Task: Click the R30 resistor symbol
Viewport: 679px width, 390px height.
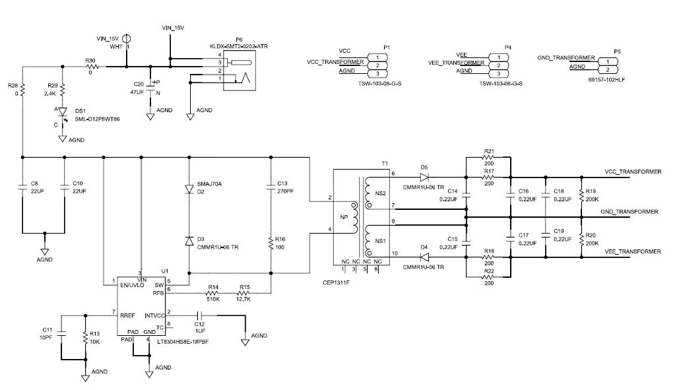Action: click(x=90, y=66)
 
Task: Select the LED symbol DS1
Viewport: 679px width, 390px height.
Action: click(x=62, y=113)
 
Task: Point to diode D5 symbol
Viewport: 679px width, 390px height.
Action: click(x=424, y=177)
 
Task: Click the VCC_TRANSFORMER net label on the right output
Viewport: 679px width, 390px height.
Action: click(x=632, y=172)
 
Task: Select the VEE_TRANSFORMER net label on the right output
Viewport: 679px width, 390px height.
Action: click(x=632, y=251)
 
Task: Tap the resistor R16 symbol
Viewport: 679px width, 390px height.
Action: click(x=271, y=243)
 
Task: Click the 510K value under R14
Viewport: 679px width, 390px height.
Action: click(x=213, y=299)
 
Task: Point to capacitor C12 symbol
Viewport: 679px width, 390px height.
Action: click(x=199, y=315)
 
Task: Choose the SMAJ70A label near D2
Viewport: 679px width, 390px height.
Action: click(x=209, y=183)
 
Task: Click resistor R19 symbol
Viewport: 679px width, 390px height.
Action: click(x=581, y=195)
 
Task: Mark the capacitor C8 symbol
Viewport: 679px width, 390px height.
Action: click(x=22, y=187)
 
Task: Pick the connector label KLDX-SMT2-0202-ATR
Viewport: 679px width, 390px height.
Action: click(x=238, y=46)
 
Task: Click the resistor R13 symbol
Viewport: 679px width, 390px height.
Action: click(x=85, y=337)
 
